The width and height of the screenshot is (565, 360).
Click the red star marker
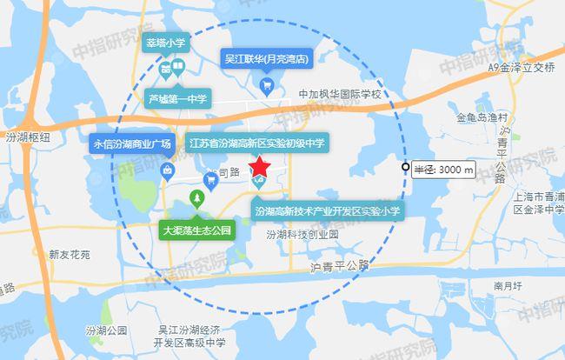click(x=260, y=166)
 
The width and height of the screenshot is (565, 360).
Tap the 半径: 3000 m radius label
click(x=443, y=168)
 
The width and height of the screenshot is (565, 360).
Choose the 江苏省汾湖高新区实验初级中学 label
click(x=256, y=142)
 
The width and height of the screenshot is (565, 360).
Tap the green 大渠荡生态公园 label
click(x=198, y=230)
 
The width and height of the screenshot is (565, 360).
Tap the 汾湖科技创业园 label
click(x=302, y=235)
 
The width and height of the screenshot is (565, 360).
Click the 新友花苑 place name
click(x=70, y=255)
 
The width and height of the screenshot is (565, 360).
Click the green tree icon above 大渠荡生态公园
click(x=198, y=201)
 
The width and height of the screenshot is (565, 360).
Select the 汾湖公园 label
click(x=109, y=330)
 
